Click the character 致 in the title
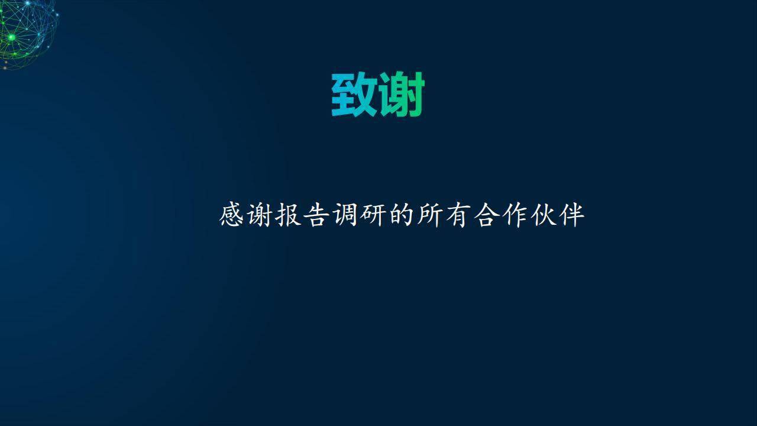[x=354, y=94]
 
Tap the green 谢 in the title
[x=401, y=94]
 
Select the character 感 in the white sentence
[x=231, y=215]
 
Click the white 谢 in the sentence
[x=260, y=215]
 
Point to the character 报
[x=288, y=215]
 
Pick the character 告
[x=316, y=215]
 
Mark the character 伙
[x=544, y=215]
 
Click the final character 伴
[x=572, y=215]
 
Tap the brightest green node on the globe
[x=12, y=37]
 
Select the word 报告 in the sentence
[x=302, y=215]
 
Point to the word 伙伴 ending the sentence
[x=558, y=215]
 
